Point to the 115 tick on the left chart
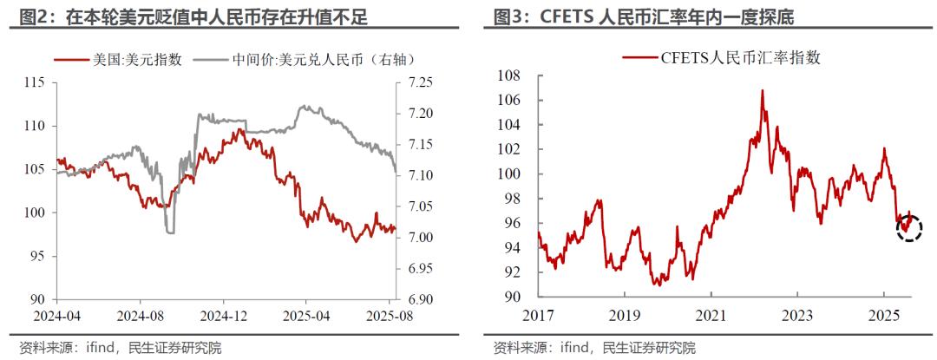tap(35, 82)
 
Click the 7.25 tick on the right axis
tap(420, 82)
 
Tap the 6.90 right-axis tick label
tap(420, 299)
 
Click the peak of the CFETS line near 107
tap(763, 90)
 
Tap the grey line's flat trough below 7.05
tap(170, 231)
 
